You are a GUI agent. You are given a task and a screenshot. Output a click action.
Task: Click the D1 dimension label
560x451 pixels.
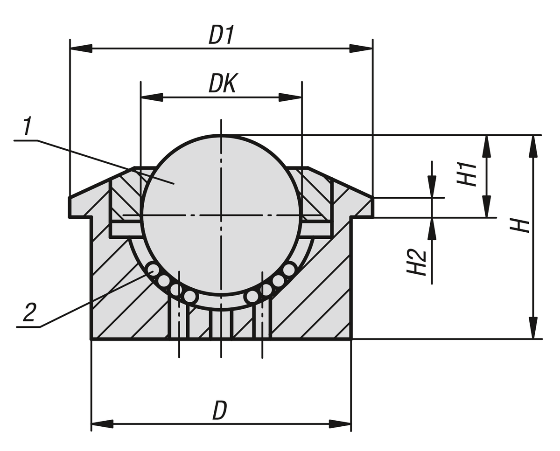[221, 35]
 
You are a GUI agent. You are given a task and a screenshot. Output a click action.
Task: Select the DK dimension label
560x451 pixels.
[223, 84]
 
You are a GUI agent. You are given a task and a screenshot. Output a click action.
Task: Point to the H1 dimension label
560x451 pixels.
[466, 174]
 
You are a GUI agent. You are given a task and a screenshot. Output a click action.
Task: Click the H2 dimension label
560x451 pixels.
[416, 262]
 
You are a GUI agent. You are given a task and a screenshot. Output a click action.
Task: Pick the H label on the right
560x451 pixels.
[519, 226]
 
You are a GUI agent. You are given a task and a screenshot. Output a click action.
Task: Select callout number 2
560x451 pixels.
[29, 313]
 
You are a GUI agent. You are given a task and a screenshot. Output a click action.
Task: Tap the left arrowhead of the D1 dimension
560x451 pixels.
[80, 48]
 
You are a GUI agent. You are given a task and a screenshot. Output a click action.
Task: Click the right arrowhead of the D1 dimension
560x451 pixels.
[362, 48]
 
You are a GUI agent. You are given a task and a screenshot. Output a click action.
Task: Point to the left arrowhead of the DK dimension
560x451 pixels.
[152, 97]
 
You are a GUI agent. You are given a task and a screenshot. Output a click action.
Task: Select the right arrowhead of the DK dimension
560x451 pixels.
[290, 97]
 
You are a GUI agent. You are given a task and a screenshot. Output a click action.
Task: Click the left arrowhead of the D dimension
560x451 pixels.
[102, 424]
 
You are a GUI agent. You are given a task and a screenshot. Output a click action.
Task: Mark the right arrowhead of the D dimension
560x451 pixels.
[340, 424]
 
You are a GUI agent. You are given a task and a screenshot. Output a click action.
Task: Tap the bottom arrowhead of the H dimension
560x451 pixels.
[533, 328]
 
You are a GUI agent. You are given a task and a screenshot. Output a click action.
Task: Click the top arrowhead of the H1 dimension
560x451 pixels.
[487, 146]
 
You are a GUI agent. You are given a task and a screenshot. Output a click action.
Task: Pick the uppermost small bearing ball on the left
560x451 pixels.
[152, 269]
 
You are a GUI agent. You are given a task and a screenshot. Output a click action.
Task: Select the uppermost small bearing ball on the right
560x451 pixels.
[289, 269]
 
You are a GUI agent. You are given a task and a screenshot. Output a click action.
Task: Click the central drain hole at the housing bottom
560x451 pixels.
[221, 324]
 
